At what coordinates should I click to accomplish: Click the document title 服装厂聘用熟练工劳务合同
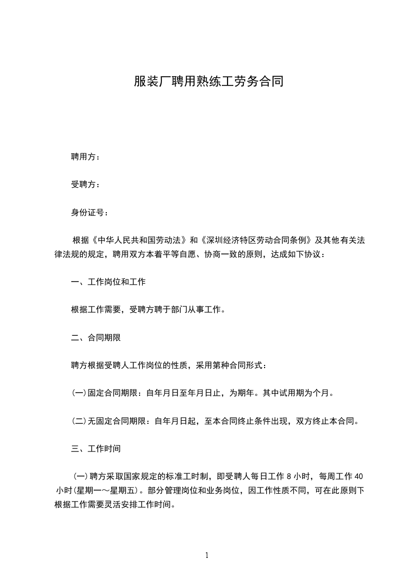208,82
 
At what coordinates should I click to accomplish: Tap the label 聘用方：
86,156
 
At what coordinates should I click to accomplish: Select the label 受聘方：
86,185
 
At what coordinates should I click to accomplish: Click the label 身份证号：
90,213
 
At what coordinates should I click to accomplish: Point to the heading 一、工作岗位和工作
108,282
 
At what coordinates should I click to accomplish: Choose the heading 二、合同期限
96,337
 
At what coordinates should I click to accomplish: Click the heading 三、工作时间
96,448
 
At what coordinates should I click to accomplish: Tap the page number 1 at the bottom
207,555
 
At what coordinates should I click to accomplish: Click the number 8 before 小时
287,476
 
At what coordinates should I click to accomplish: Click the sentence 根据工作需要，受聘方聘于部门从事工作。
148,310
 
